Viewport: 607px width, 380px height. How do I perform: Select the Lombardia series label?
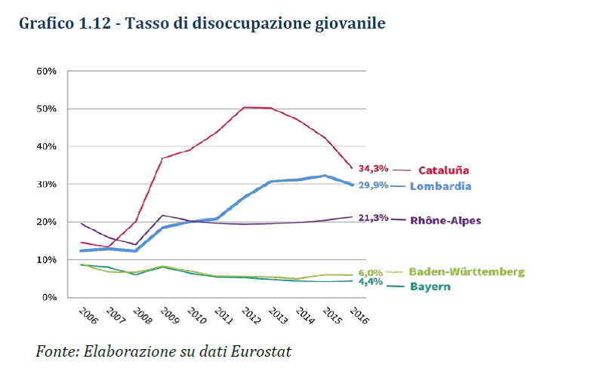pyautogui.click(x=441, y=186)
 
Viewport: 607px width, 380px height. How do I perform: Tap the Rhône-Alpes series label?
pyautogui.click(x=445, y=220)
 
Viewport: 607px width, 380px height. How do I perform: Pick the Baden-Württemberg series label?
pyautogui.click(x=466, y=271)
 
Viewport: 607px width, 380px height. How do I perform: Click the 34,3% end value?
pyautogui.click(x=373, y=168)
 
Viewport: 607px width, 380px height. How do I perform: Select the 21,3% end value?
pyautogui.click(x=373, y=218)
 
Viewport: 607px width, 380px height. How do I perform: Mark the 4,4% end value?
pyautogui.click(x=371, y=283)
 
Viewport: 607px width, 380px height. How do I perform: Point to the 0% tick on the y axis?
pyautogui.click(x=49, y=297)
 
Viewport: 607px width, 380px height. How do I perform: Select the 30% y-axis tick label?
pyautogui.click(x=46, y=184)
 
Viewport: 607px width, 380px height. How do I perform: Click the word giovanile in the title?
pyautogui.click(x=350, y=24)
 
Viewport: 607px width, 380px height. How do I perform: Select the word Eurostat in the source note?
pyautogui.click(x=262, y=351)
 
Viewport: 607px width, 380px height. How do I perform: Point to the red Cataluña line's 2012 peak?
pyautogui.click(x=244, y=107)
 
